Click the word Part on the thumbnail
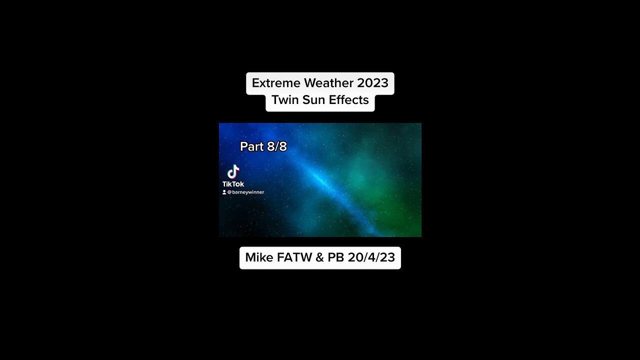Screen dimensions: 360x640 [x=251, y=146]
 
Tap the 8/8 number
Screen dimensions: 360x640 [x=276, y=146]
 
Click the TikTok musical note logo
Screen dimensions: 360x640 [x=233, y=172]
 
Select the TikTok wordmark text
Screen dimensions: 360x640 [x=233, y=184]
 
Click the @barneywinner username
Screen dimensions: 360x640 [x=245, y=192]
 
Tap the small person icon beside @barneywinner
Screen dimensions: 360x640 [x=224, y=192]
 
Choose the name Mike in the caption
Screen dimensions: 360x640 [x=259, y=257]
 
